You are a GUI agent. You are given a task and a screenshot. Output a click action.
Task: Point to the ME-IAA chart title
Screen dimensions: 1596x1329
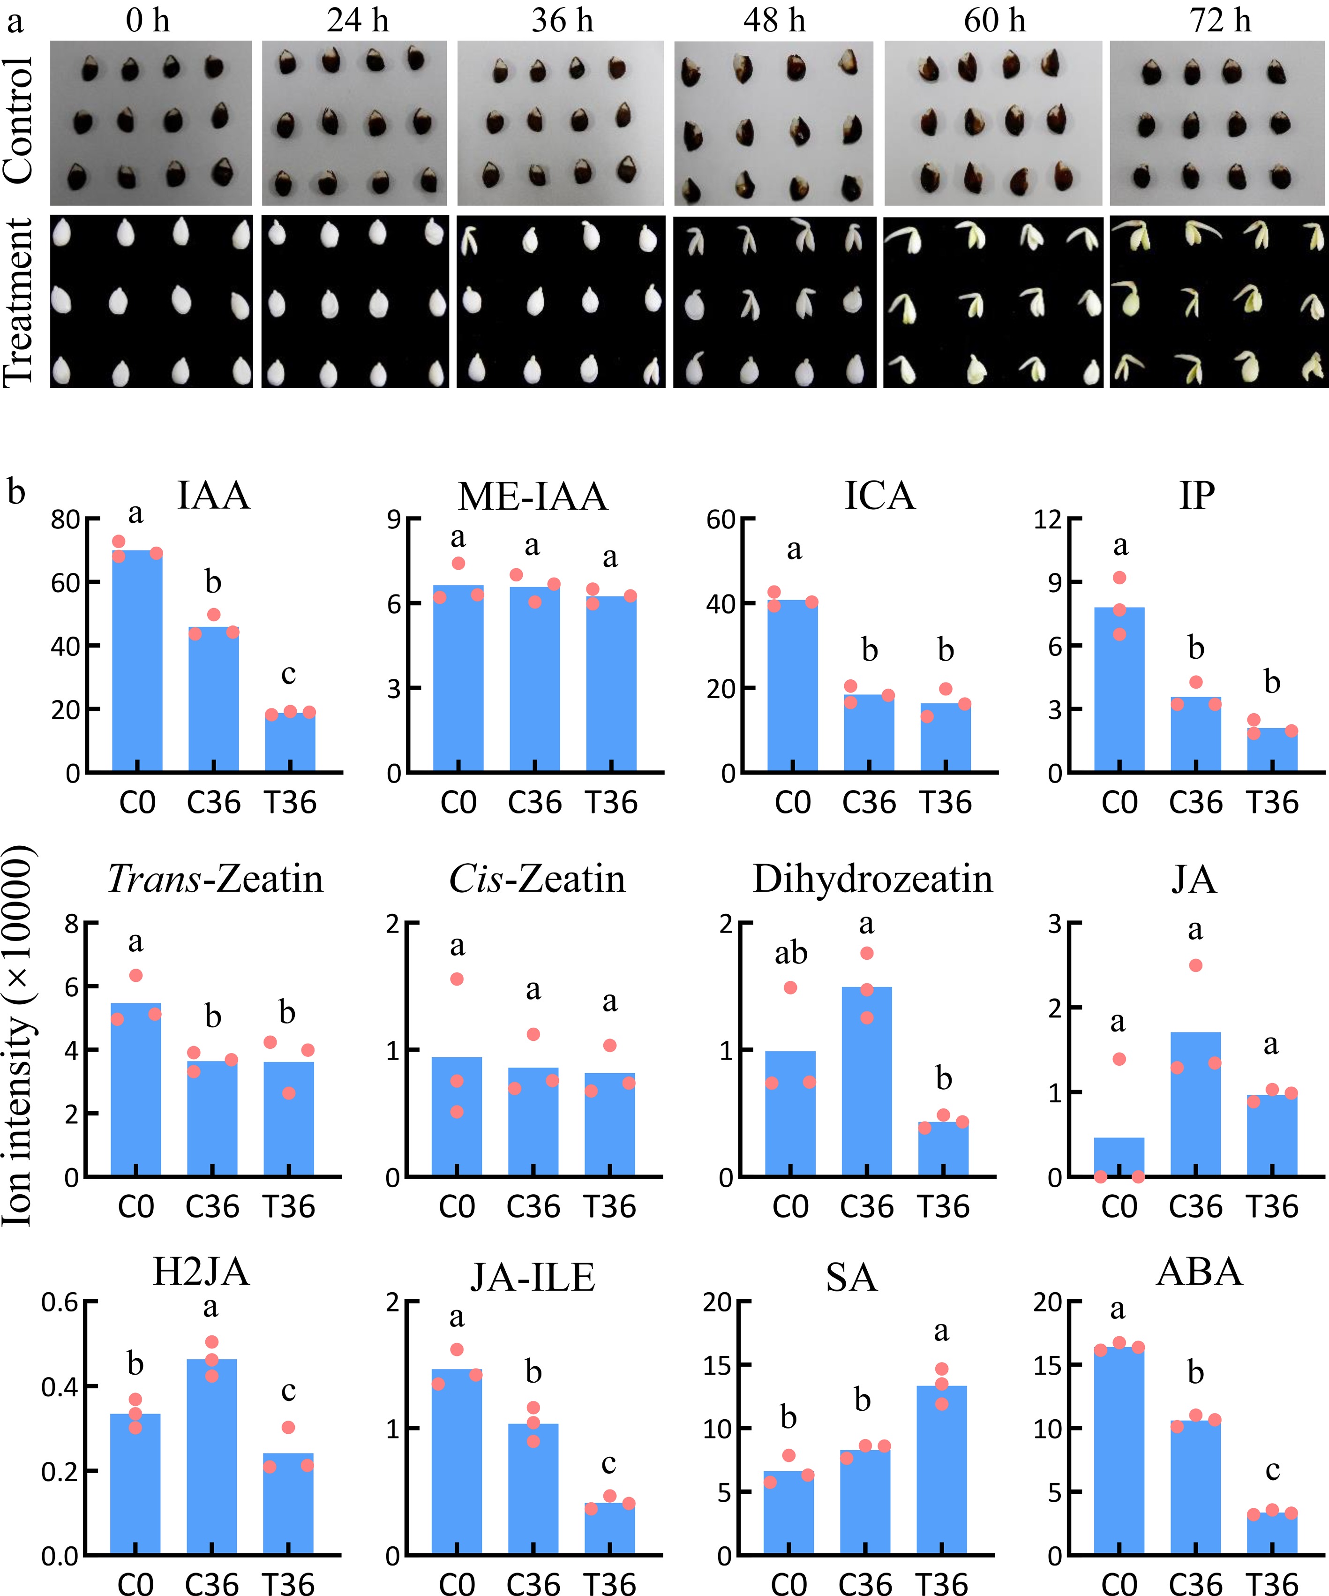pyautogui.click(x=533, y=496)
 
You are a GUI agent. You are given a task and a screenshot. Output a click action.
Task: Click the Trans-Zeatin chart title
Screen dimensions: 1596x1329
pyautogui.click(x=215, y=879)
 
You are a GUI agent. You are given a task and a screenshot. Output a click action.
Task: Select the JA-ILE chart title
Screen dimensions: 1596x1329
pyautogui.click(x=532, y=1277)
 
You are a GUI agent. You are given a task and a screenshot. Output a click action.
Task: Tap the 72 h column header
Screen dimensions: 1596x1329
pyautogui.click(x=1220, y=21)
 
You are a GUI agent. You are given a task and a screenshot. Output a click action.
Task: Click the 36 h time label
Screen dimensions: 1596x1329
pyautogui.click(x=562, y=21)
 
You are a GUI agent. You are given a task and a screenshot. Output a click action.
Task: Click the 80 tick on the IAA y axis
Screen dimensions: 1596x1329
pyautogui.click(x=65, y=520)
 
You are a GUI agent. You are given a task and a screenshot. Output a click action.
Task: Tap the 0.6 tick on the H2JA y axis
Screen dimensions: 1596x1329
pyautogui.click(x=59, y=1302)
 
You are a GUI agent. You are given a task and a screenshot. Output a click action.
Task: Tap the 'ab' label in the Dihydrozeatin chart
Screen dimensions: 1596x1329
pyautogui.click(x=790, y=953)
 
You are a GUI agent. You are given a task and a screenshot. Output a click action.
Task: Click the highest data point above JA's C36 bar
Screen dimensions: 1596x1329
pyautogui.click(x=1195, y=965)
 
